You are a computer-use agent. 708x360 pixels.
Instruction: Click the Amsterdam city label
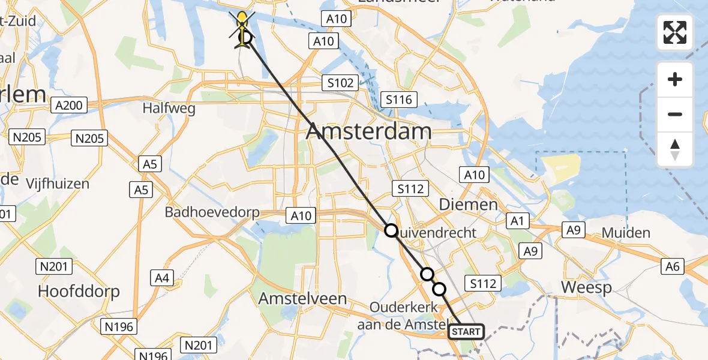pos(368,132)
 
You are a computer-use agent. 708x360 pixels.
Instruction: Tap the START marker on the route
pos(466,331)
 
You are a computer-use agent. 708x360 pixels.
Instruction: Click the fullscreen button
pos(675,32)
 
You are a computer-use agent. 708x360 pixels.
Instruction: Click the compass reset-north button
pos(675,149)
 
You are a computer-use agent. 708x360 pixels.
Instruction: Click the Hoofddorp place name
pos(79,292)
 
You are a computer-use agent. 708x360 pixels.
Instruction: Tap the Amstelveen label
pos(302,298)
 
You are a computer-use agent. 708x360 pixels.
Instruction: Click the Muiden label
pos(626,233)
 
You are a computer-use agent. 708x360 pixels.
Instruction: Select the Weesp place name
pos(586,288)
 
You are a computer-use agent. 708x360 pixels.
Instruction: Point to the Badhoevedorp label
pos(212,212)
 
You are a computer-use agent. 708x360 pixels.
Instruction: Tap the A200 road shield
pos(68,106)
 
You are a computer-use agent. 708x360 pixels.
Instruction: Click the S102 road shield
pos(340,83)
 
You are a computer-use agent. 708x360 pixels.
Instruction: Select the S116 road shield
pos(399,99)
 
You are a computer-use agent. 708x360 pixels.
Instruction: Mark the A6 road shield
pos(672,266)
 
